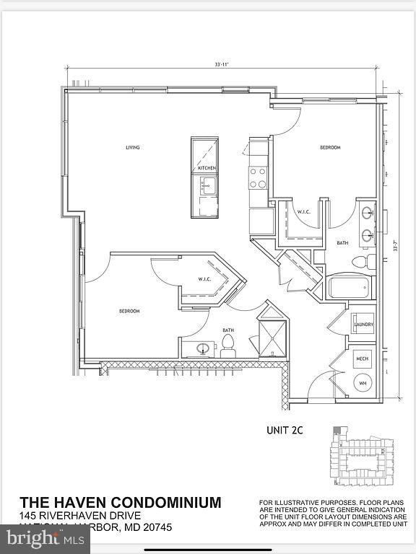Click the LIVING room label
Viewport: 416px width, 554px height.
132,148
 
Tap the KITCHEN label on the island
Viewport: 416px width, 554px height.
207,168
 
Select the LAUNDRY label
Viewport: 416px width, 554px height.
363,325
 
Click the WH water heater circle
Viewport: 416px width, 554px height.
363,383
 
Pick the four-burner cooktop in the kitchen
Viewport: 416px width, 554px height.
258,177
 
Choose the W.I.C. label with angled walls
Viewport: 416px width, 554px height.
204,279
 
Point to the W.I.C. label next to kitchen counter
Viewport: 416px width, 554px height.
303,212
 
